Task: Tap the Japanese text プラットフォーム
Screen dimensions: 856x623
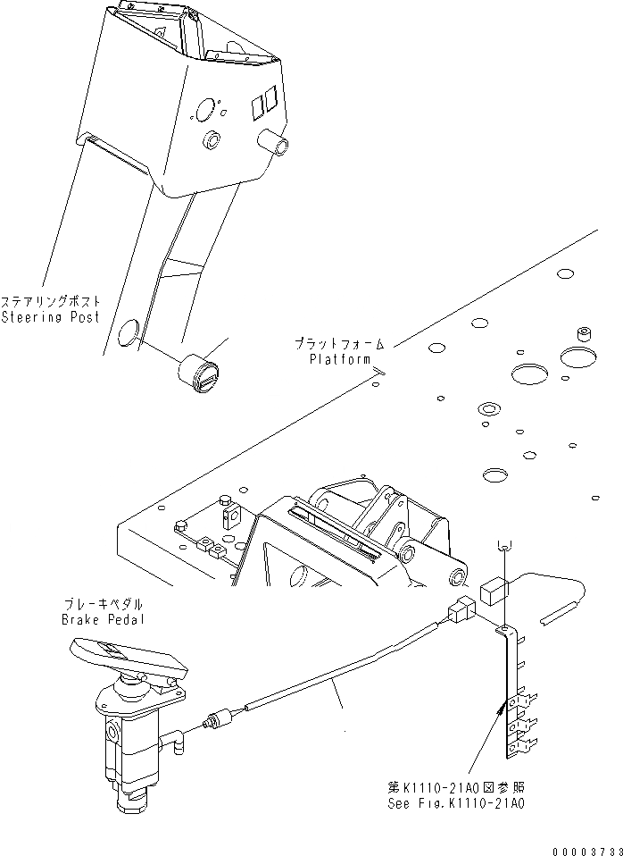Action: tap(340, 344)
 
